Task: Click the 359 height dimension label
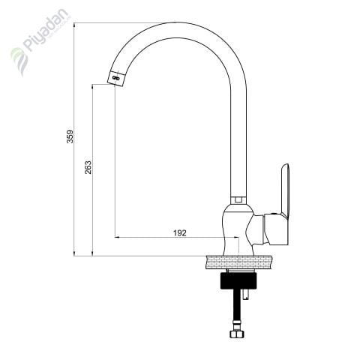click(71, 136)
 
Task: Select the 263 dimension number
click(88, 167)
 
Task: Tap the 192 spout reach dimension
click(180, 233)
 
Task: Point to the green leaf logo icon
click(19, 61)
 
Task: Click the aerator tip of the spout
click(115, 78)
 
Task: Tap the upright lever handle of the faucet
click(286, 190)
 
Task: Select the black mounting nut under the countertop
click(238, 280)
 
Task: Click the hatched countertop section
click(238, 262)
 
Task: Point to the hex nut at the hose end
click(236, 334)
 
